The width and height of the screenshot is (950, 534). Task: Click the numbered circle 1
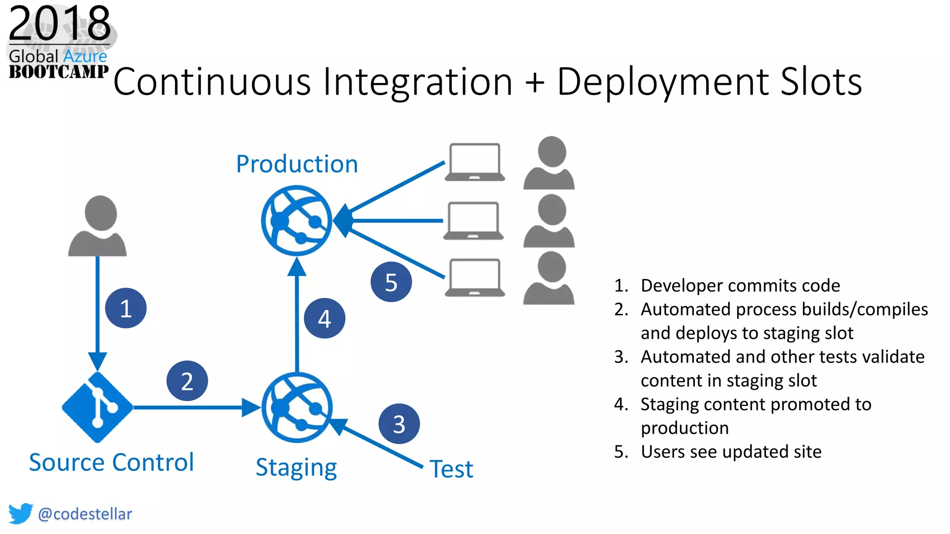[x=126, y=308]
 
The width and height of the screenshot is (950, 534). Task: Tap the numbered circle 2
[x=187, y=381]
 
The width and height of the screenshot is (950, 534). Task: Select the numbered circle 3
[x=399, y=424]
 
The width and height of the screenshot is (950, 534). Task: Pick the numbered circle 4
[x=324, y=318]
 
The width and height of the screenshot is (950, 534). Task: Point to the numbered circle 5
[x=391, y=282]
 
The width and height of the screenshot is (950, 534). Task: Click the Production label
[x=297, y=164]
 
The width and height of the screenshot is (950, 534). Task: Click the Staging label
[x=296, y=467]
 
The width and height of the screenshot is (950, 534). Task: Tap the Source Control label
[x=111, y=462]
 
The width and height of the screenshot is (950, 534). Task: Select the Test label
[x=451, y=469]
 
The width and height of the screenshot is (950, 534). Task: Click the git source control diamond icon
[x=97, y=407]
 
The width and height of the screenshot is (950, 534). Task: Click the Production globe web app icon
[x=296, y=221]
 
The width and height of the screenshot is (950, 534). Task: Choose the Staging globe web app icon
[x=297, y=407]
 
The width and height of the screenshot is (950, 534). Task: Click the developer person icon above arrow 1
[x=98, y=226]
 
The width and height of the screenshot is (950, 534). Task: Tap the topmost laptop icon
[x=475, y=162]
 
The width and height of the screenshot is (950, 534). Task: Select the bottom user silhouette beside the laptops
[x=549, y=278]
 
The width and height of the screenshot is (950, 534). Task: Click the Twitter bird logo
[x=20, y=514]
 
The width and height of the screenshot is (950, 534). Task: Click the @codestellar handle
[x=85, y=514]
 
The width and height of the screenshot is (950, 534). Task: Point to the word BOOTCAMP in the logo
[x=58, y=72]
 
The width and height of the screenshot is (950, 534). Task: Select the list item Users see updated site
[x=731, y=451]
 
